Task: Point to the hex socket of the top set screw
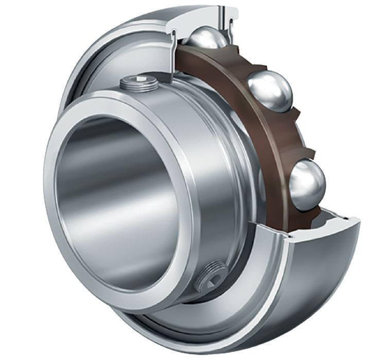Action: coord(139,79)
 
